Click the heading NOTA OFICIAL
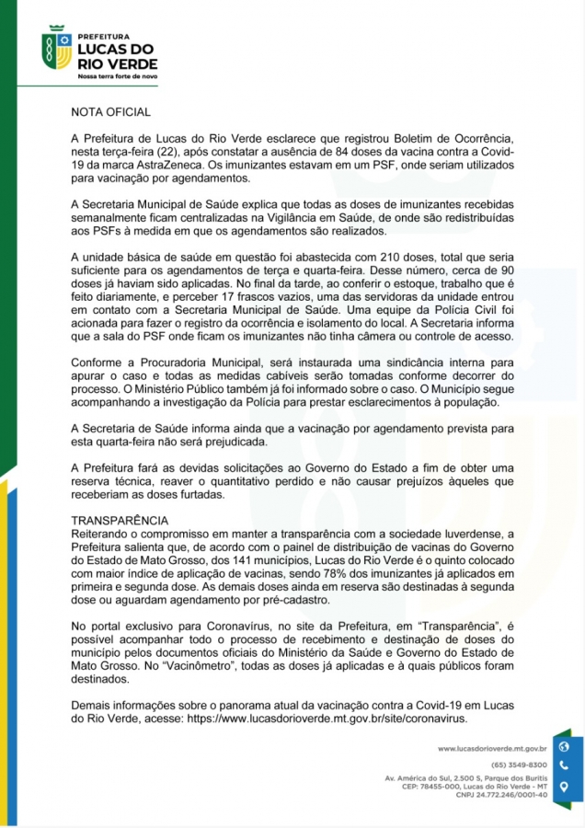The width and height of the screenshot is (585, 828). (x=110, y=112)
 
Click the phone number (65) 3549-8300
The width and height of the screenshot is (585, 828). (x=519, y=765)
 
